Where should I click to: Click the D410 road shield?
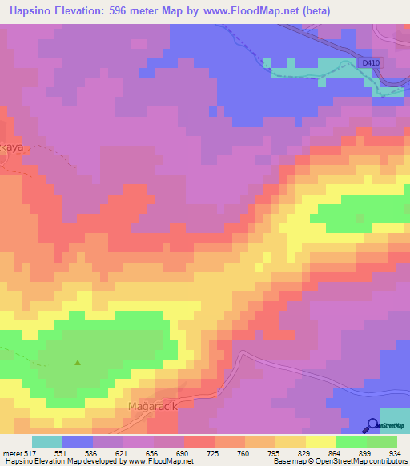[369, 62]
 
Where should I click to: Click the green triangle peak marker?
[78, 362]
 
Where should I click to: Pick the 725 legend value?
[214, 453]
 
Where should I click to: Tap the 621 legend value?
[123, 453]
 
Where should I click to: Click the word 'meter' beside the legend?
[11, 453]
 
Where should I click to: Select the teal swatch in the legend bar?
[47, 441]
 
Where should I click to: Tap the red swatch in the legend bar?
[199, 441]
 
